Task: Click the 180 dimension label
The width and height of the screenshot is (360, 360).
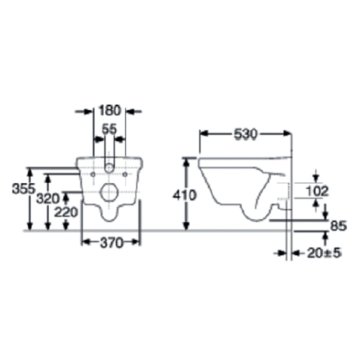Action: click(110, 111)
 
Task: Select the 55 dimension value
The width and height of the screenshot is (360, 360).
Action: click(109, 130)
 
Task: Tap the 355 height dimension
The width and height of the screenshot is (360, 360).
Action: click(23, 189)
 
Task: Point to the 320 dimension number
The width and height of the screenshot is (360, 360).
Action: click(48, 199)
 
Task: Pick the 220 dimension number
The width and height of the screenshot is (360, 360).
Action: click(66, 212)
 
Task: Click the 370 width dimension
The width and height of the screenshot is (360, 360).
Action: click(111, 243)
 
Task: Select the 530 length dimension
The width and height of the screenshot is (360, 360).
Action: click(246, 134)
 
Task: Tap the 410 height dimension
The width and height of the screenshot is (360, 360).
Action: click(185, 195)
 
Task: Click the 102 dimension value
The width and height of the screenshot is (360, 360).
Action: click(317, 191)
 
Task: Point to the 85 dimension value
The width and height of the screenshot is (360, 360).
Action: click(338, 226)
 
